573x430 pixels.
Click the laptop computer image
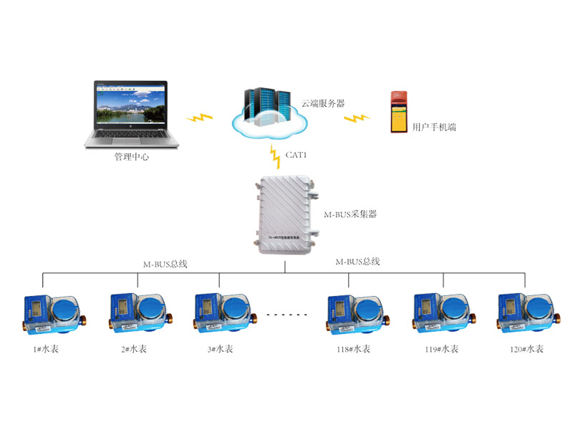(127, 114)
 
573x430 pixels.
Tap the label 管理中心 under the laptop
(132, 157)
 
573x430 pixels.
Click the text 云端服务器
(323, 103)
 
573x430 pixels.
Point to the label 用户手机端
(434, 128)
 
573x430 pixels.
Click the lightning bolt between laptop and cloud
(200, 117)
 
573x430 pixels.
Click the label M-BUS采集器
(350, 214)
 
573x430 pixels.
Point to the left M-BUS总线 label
(165, 264)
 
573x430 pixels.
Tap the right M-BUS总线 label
(357, 262)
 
